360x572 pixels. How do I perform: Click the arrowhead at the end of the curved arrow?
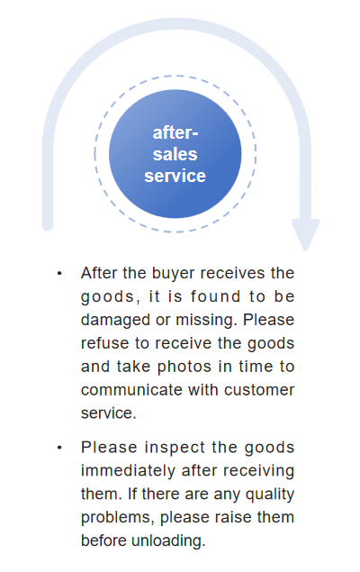point(305,234)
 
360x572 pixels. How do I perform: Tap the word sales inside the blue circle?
point(175,154)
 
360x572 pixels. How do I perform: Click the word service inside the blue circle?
point(175,176)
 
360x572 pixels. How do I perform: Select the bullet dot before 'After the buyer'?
point(59,273)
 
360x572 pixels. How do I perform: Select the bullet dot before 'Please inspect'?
point(59,448)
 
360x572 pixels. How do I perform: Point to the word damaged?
point(115,320)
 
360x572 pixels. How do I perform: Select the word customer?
point(259,390)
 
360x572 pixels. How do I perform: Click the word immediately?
point(129,471)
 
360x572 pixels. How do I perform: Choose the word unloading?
point(168,541)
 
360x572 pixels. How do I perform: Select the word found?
point(216,296)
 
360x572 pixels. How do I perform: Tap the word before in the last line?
point(103,541)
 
